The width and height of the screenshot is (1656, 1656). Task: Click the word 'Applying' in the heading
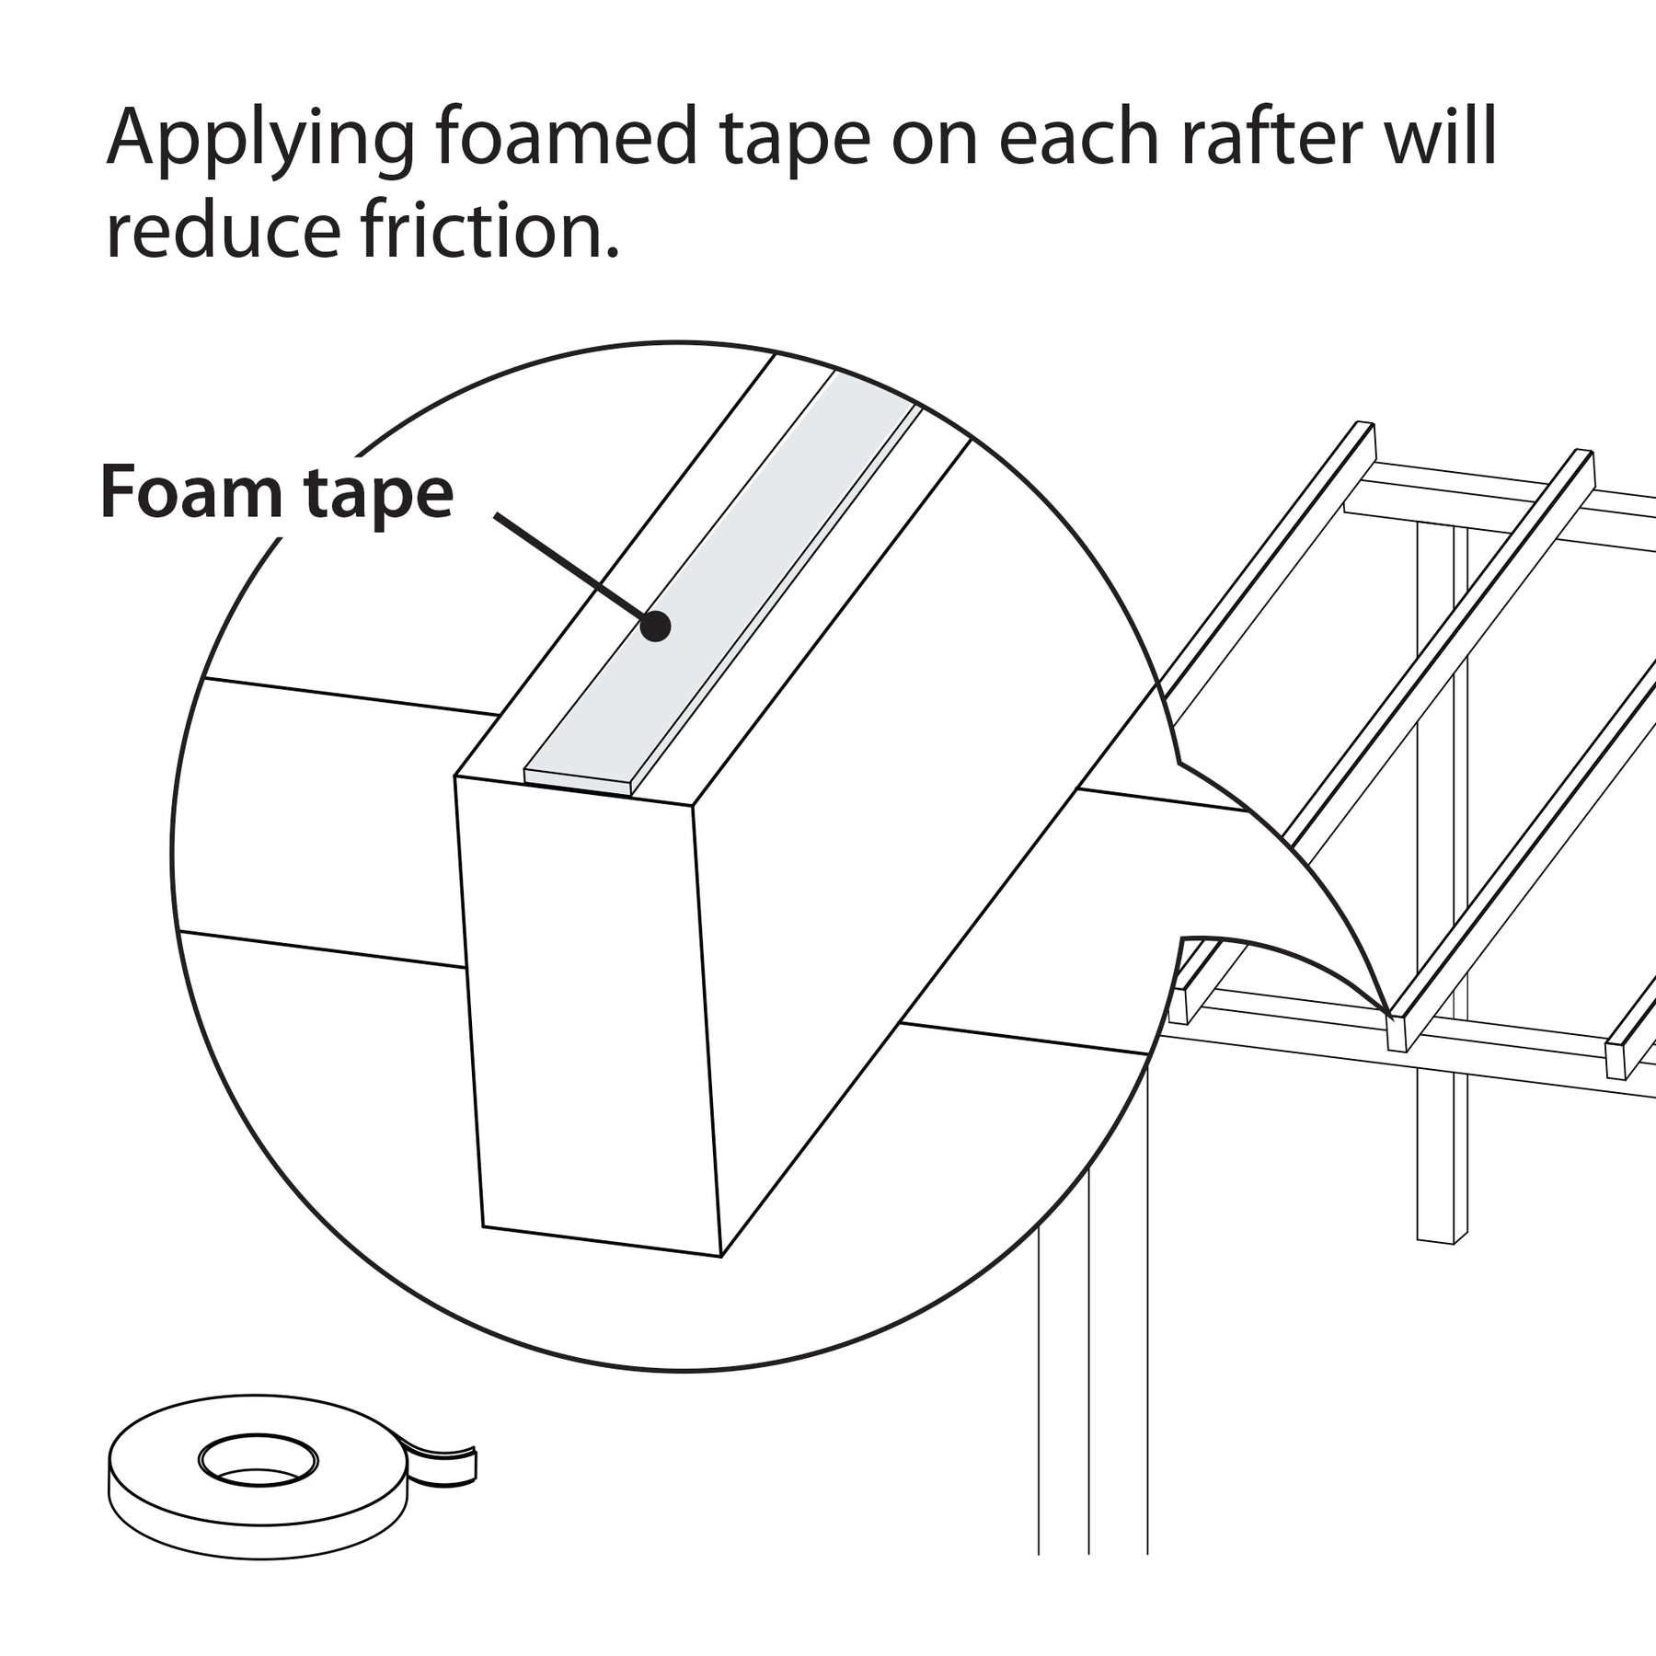point(260,138)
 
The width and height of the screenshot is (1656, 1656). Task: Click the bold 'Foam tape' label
point(276,494)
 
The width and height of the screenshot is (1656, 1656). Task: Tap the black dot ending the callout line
point(655,627)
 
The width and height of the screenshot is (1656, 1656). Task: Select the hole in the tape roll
point(258,1460)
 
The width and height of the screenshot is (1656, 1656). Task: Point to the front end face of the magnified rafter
point(589,1012)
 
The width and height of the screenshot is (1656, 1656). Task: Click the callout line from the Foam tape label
point(570,566)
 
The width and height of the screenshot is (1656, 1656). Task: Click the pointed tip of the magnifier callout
point(1387,1013)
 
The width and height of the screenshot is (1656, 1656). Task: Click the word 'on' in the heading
point(935,138)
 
